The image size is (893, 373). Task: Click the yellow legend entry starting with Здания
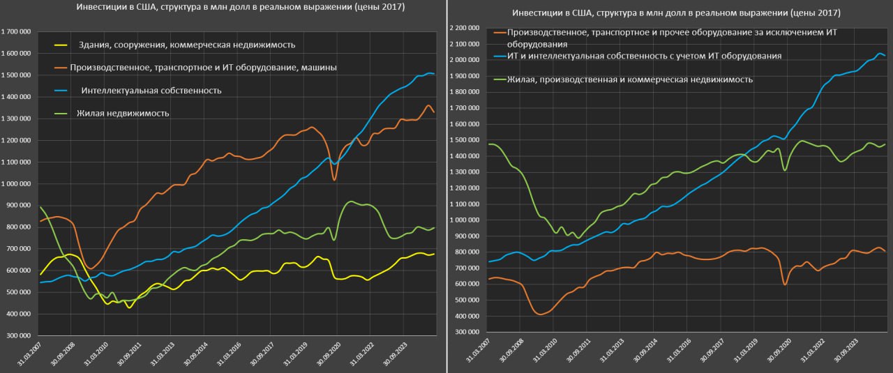point(188,45)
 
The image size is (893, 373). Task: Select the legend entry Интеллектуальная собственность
point(151,91)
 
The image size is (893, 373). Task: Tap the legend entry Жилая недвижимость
point(122,113)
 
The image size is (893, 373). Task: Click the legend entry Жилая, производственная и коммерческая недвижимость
point(630,79)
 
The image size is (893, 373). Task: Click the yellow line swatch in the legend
point(61,45)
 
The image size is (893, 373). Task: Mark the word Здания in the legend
point(97,45)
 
